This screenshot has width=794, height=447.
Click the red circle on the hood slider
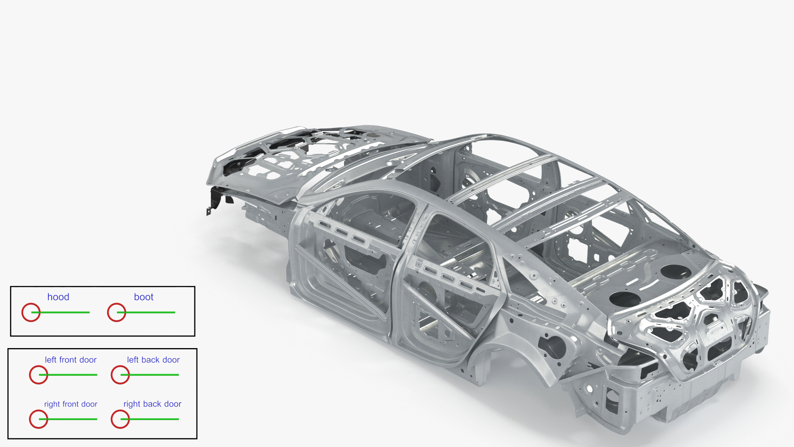31,312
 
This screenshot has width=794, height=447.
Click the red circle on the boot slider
117,312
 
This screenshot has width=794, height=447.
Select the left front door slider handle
38,375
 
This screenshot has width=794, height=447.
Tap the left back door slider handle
120,375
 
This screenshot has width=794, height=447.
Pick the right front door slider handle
38,419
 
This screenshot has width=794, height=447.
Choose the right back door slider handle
120,419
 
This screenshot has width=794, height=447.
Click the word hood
58,297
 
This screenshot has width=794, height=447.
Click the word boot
143,297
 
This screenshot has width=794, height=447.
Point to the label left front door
71,360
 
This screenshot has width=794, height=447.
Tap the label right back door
152,404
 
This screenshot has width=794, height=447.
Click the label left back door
153,360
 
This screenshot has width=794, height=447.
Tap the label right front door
71,404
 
